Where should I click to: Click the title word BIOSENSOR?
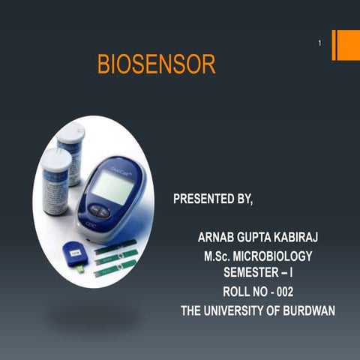[x=156, y=64]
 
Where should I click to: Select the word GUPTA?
[x=259, y=237]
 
